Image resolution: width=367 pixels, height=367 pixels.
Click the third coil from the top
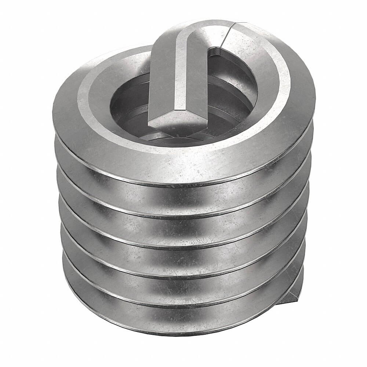click(x=183, y=226)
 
